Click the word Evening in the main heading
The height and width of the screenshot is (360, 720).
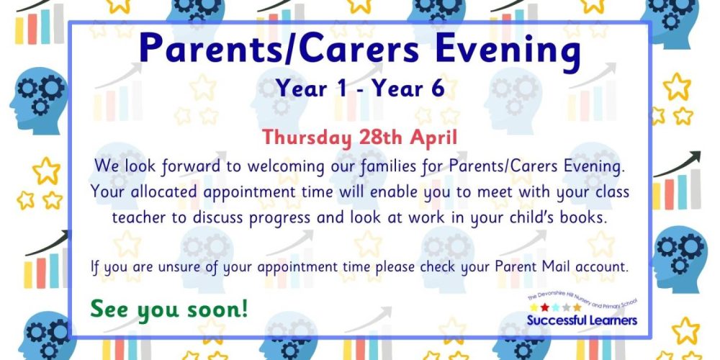pyautogui.click(x=508, y=50)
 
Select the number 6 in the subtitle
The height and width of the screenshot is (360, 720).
pyautogui.click(x=438, y=88)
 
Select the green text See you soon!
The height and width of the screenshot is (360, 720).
pyautogui.click(x=169, y=309)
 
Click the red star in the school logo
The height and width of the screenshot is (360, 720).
pyautogui.click(x=544, y=307)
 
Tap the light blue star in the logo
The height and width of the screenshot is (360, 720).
pyautogui.click(x=555, y=307)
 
